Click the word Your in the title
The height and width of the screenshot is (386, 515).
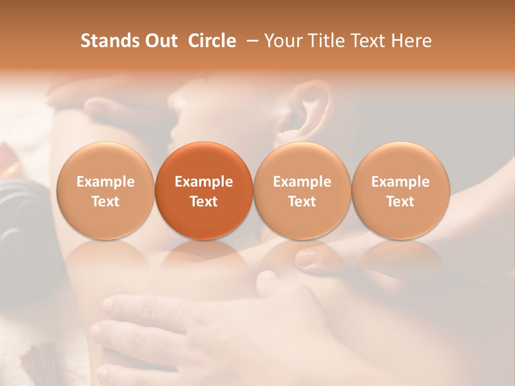tap(282, 41)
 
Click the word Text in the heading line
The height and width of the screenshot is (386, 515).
tap(369, 41)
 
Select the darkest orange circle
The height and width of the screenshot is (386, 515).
tap(204, 190)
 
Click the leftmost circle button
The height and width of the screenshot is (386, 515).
tap(105, 190)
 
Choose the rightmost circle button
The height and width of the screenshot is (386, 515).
tap(400, 190)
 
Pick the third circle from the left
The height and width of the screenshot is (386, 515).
tap(302, 190)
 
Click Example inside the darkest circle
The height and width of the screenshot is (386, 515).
tap(204, 182)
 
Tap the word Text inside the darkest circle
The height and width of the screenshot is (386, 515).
tap(204, 202)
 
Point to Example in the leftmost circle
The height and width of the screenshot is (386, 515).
tap(105, 182)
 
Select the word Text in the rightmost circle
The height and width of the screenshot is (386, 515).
tap(400, 202)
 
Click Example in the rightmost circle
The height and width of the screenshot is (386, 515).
tap(400, 182)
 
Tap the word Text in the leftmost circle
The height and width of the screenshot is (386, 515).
tap(105, 202)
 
